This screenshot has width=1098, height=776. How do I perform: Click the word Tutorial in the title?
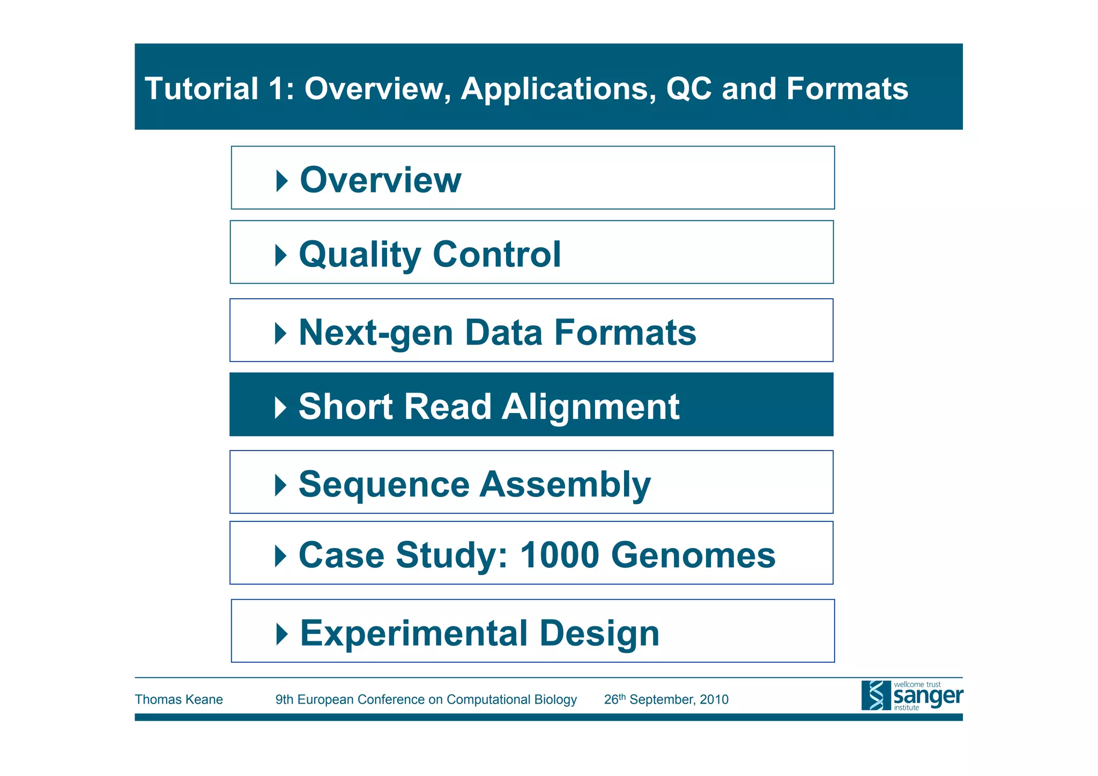point(202,88)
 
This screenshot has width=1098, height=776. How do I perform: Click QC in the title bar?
point(688,88)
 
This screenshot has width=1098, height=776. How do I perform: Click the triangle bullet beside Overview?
point(281,181)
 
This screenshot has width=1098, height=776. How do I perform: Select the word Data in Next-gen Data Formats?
point(503,333)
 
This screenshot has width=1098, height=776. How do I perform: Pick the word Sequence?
point(384,485)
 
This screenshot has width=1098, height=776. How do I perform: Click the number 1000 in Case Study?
point(559,555)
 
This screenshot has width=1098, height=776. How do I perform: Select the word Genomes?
point(693,555)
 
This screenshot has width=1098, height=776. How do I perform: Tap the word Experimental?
point(414,633)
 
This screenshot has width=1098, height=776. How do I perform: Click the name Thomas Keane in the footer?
point(179,699)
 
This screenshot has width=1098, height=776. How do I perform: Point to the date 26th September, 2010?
point(666,699)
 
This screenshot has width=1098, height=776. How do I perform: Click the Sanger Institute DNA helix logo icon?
point(876,696)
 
